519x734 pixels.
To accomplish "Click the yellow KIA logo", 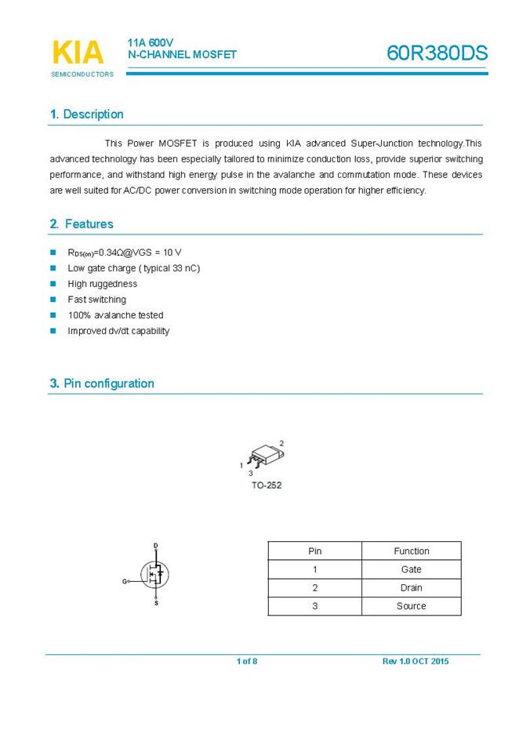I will click(x=78, y=53).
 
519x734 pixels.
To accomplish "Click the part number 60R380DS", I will click(x=437, y=53).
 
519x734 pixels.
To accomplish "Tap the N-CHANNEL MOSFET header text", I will click(x=182, y=55).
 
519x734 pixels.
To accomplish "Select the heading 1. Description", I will click(x=87, y=114).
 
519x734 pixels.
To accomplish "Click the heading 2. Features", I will click(x=82, y=224).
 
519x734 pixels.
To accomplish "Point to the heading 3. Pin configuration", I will click(x=102, y=383).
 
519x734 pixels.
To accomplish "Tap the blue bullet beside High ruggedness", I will click(x=53, y=284).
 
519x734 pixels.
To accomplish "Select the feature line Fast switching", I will click(x=96, y=300).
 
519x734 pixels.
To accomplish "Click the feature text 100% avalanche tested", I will click(x=115, y=315).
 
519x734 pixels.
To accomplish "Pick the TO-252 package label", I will click(x=267, y=485).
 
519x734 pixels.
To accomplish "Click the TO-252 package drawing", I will click(x=263, y=458).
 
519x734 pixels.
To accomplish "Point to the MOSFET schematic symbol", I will click(x=155, y=575).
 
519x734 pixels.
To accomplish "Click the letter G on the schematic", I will click(x=124, y=582).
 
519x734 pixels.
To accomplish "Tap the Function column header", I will click(x=411, y=551).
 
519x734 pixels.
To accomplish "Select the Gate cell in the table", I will click(x=411, y=569).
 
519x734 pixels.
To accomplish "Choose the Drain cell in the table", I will click(x=411, y=587).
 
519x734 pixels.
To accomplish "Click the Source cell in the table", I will click(x=411, y=606).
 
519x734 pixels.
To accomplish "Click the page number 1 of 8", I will click(x=247, y=662).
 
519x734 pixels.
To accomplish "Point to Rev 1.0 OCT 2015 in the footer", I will click(x=416, y=662).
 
